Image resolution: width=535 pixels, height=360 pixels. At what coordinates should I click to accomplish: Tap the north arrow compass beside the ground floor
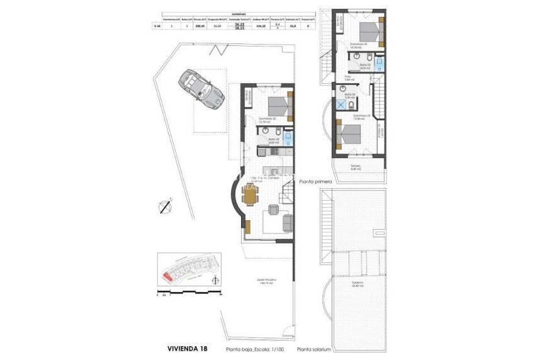(x=165, y=206)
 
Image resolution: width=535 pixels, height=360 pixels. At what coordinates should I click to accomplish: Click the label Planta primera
(x=315, y=179)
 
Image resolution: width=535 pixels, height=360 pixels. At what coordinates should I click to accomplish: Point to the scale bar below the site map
(x=189, y=293)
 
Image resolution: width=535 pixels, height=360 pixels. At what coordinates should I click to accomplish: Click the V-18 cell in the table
(x=157, y=26)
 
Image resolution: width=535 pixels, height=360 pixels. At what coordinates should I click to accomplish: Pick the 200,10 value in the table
(x=201, y=26)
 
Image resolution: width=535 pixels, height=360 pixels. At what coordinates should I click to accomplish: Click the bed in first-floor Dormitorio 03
(x=348, y=134)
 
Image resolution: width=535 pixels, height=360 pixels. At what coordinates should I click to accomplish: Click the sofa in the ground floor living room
(x=287, y=221)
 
